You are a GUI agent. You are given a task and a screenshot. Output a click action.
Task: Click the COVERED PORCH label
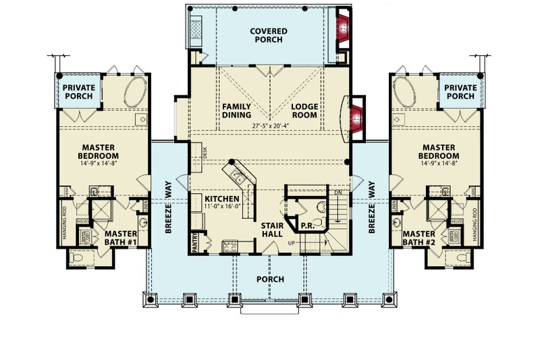pyautogui.click(x=269, y=35)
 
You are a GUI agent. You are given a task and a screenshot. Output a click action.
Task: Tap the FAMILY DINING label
pyautogui.click(x=236, y=111)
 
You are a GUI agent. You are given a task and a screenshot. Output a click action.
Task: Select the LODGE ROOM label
pyautogui.click(x=304, y=111)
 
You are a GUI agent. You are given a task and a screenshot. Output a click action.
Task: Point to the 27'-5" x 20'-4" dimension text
pyautogui.click(x=271, y=126)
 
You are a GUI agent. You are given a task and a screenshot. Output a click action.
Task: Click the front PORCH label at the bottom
pyautogui.click(x=269, y=279)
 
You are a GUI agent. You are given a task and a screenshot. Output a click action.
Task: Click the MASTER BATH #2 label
pyautogui.click(x=420, y=238)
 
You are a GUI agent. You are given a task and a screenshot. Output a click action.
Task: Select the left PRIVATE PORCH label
pyautogui.click(x=78, y=92)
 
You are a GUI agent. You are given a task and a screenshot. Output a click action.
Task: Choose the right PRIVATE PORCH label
pyautogui.click(x=460, y=92)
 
